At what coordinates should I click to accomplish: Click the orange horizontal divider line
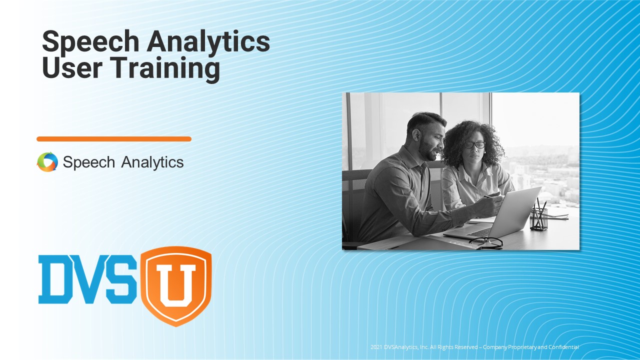tap(114, 139)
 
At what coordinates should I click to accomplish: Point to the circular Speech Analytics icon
tap(47, 162)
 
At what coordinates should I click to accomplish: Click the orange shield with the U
tap(175, 284)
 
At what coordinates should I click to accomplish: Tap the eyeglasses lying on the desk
tap(486, 242)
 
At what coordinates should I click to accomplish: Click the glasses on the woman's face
tap(474, 144)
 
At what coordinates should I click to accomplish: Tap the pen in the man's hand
tap(492, 196)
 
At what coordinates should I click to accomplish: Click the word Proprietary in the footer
tap(522, 347)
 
